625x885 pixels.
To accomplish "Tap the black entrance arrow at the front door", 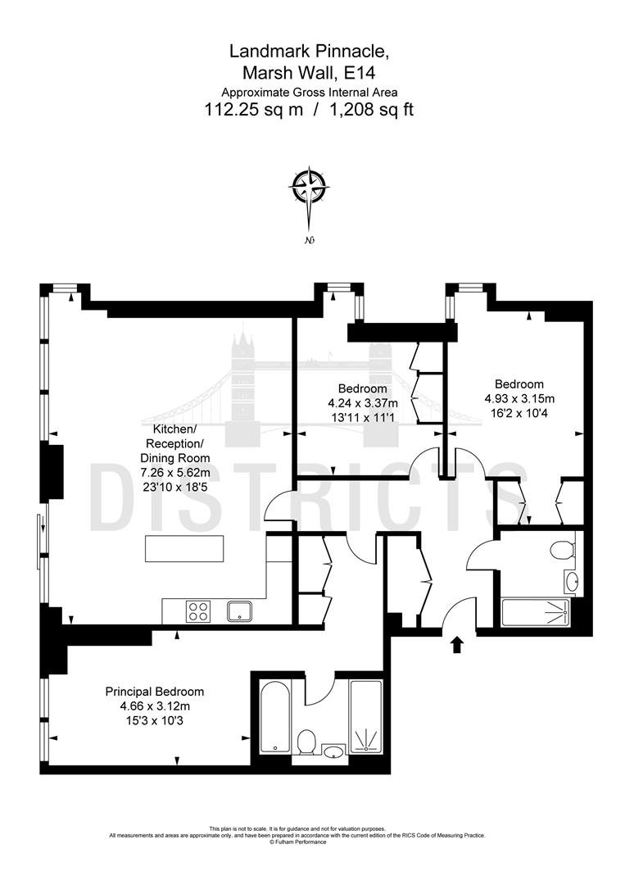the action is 457,645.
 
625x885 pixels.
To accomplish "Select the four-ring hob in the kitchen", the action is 199,611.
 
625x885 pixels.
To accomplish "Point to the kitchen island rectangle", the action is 184,548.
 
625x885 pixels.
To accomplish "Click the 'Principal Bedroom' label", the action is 155,692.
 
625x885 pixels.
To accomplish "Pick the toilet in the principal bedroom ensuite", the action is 307,742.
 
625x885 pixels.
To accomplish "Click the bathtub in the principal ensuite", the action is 275,716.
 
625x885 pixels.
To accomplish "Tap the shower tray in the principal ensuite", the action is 365,716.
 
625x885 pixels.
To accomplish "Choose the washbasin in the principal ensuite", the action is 334,751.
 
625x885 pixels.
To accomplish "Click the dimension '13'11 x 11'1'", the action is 363,418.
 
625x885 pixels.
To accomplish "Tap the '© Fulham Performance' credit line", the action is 298,842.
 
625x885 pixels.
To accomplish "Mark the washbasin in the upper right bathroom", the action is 570,581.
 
